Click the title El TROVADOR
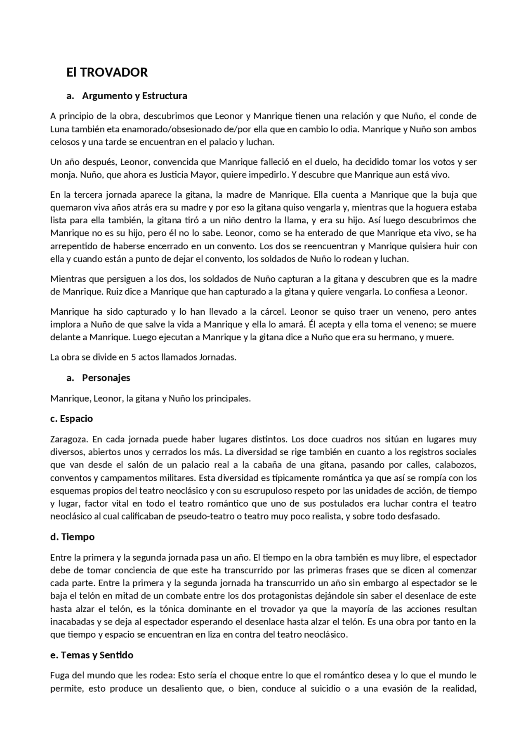click(x=107, y=72)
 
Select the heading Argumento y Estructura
click(x=134, y=96)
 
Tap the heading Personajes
click(x=106, y=378)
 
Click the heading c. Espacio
click(x=71, y=419)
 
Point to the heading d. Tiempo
click(x=72, y=537)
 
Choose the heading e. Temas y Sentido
click(x=92, y=655)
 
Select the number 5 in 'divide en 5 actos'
click(x=134, y=357)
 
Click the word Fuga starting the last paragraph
click(x=59, y=676)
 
